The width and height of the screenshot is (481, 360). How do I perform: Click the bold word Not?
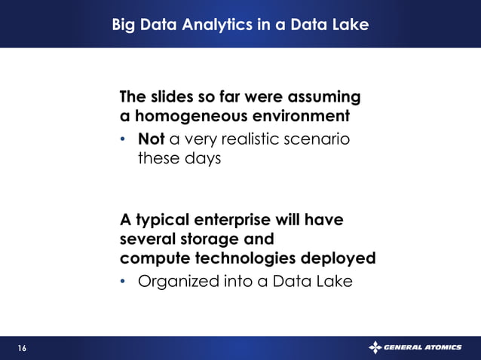[152, 139]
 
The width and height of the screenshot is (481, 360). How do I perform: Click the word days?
[201, 159]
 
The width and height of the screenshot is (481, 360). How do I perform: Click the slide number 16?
[21, 348]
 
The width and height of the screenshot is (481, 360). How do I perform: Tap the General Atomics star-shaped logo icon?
[375, 347]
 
